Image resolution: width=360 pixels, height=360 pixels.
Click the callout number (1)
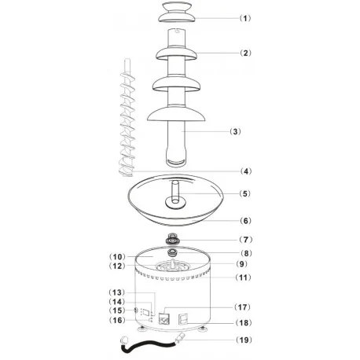pyautogui.click(x=244, y=17)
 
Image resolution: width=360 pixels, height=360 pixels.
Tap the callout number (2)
pyautogui.click(x=245, y=53)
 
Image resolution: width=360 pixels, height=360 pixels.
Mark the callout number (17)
pyautogui.click(x=246, y=307)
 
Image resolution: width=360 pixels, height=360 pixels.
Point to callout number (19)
pyautogui.click(x=246, y=340)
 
